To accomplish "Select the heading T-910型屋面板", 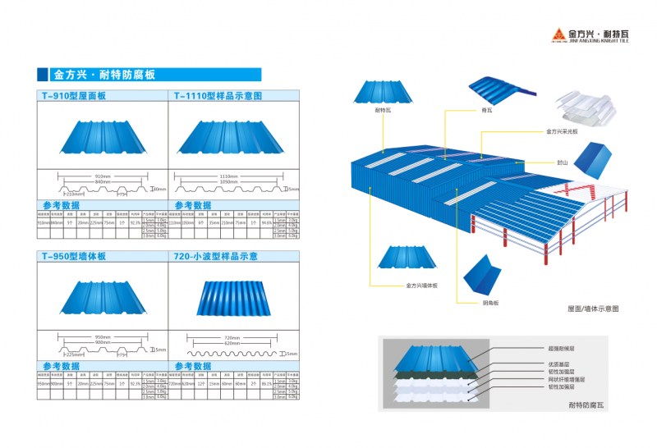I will pos(73,96).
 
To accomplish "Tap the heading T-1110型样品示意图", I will pos(218,96).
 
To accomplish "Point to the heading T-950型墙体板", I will pos(73,256).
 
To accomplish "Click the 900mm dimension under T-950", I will pos(103,341).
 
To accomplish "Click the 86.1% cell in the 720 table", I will pos(266,382).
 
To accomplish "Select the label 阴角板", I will pos(490,303).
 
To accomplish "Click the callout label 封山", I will pos(562,162).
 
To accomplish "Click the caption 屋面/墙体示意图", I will pos(592,309).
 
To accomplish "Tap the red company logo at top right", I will pos(554,34).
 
